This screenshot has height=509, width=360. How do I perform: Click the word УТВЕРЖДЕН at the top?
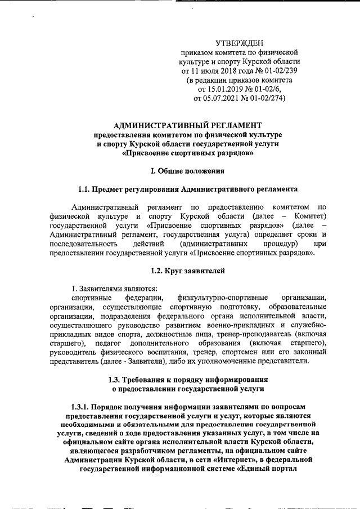click(x=240, y=43)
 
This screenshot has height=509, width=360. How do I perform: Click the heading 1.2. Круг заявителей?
click(x=187, y=271)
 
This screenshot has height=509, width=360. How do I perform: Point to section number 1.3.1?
click(x=83, y=406)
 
